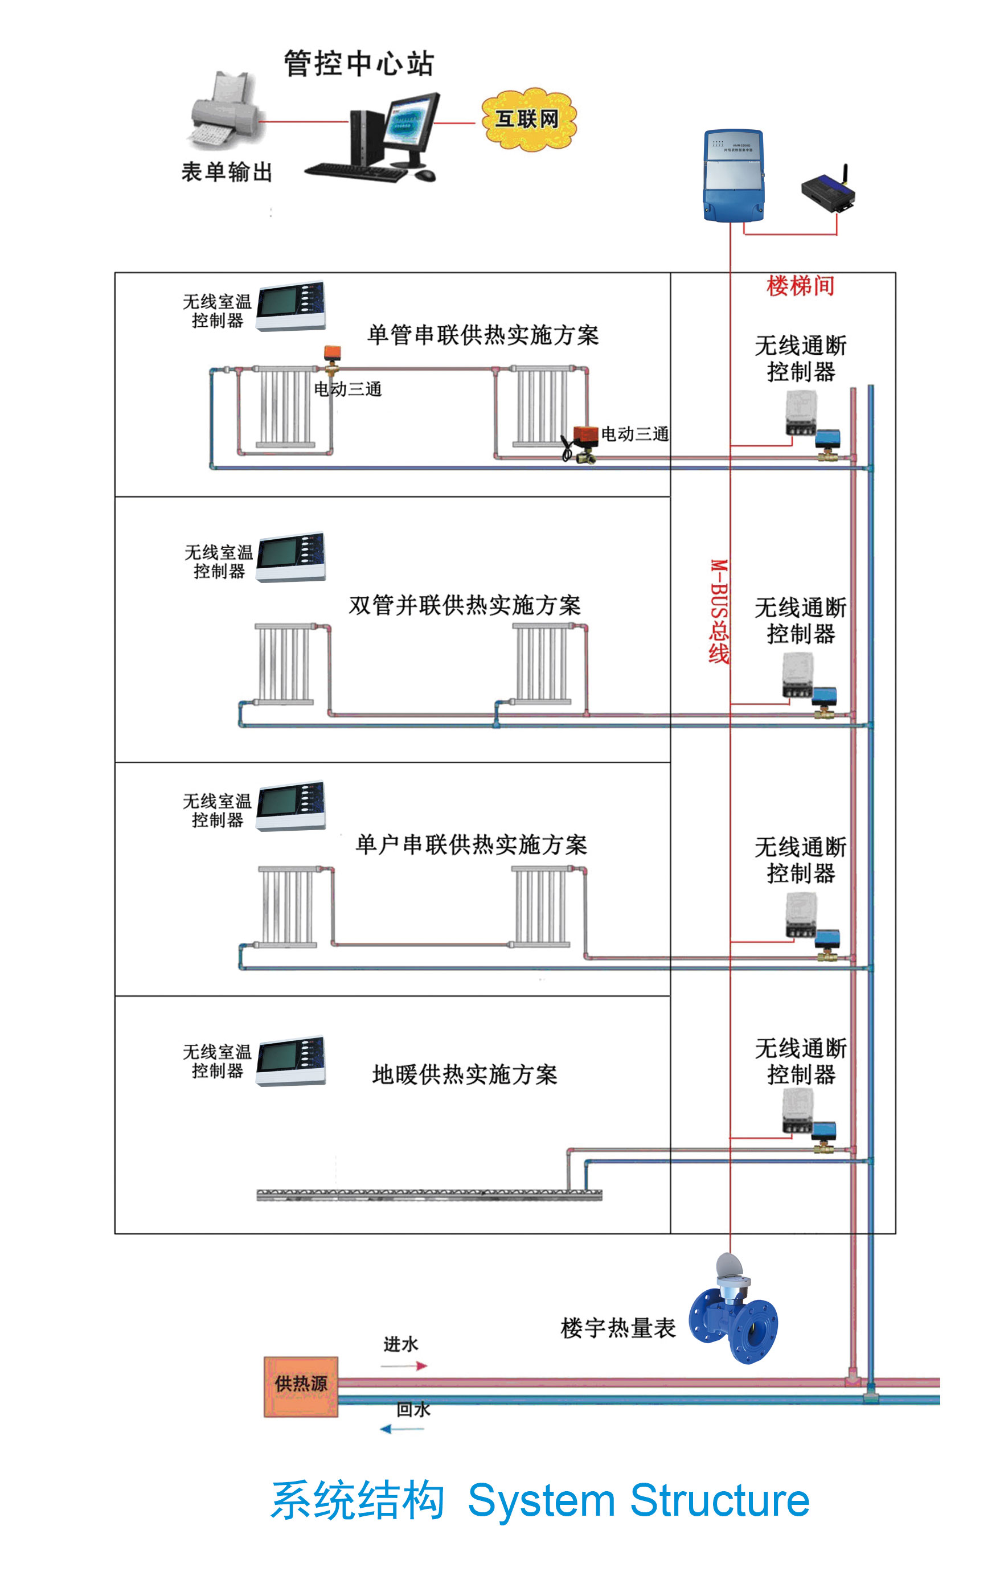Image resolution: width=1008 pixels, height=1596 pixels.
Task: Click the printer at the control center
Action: pyautogui.click(x=224, y=112)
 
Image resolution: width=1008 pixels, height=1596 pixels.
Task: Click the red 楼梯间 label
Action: pyautogui.click(x=800, y=286)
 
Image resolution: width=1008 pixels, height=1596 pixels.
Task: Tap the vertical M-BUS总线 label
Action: pyautogui.click(x=719, y=611)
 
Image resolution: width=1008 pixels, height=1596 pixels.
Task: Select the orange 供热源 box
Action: pyautogui.click(x=301, y=1386)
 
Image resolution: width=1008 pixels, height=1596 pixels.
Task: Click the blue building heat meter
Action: pyautogui.click(x=733, y=1310)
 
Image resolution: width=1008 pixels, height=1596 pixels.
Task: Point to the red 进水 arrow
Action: pyautogui.click(x=404, y=1365)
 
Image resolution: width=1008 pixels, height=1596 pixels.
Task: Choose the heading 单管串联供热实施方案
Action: pyautogui.click(x=483, y=335)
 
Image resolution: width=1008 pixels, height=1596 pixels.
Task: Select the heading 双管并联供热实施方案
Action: pyautogui.click(x=465, y=605)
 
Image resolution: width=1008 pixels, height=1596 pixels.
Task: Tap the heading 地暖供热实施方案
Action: pyautogui.click(x=465, y=1074)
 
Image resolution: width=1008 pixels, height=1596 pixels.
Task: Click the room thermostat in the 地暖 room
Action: pyautogui.click(x=290, y=1061)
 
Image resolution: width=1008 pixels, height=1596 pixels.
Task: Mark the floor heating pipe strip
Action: pyautogui.click(x=429, y=1195)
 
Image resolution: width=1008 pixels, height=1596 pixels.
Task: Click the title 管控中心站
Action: pyautogui.click(x=359, y=64)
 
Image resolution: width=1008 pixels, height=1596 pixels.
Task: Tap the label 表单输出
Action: pyautogui.click(x=227, y=173)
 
